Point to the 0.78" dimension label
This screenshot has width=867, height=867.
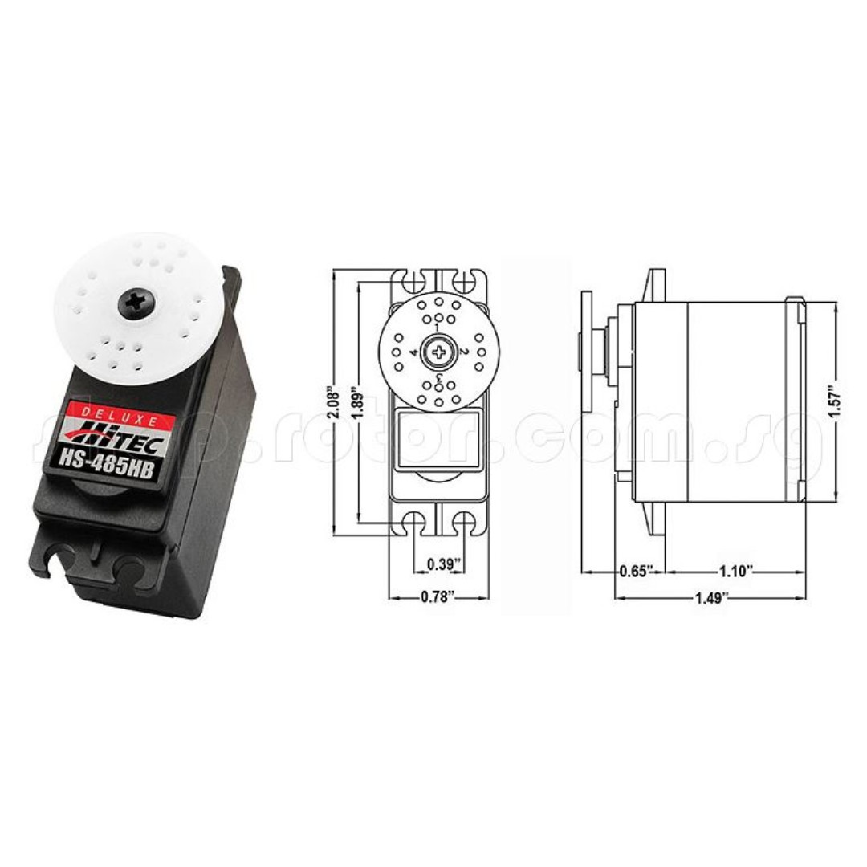[438, 596]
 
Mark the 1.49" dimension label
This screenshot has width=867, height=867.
[710, 597]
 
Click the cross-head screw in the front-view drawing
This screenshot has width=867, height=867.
[438, 352]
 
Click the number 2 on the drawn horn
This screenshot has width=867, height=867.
[464, 352]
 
